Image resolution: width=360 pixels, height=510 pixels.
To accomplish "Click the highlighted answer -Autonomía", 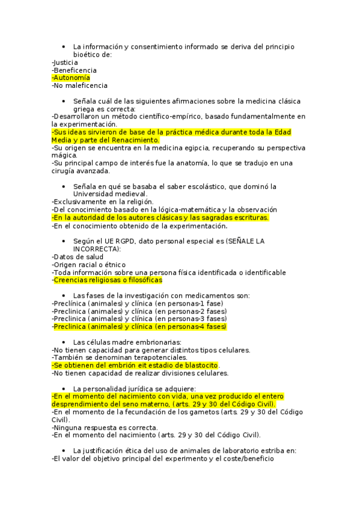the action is (x=71, y=78).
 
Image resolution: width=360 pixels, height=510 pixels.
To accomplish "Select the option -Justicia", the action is (x=65, y=62).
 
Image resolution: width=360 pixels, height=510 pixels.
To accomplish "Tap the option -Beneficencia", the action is (x=74, y=70).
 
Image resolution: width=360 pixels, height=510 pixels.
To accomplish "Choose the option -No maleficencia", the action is (x=79, y=85).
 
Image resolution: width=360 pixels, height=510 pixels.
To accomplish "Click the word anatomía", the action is (x=200, y=163).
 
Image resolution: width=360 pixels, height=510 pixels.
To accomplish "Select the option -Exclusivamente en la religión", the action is (x=102, y=201).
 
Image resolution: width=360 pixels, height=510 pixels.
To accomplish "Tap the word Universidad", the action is (x=95, y=194).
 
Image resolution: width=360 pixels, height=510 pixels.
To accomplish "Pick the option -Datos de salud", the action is (x=78, y=256).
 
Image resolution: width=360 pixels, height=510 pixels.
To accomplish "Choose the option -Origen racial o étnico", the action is (x=88, y=264).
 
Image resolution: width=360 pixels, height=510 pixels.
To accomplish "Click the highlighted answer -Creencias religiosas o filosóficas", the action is (x=107, y=280).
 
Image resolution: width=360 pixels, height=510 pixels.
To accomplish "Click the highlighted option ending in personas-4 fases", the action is (x=139, y=327).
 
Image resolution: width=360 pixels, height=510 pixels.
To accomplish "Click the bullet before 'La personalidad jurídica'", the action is (x=63, y=389).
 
